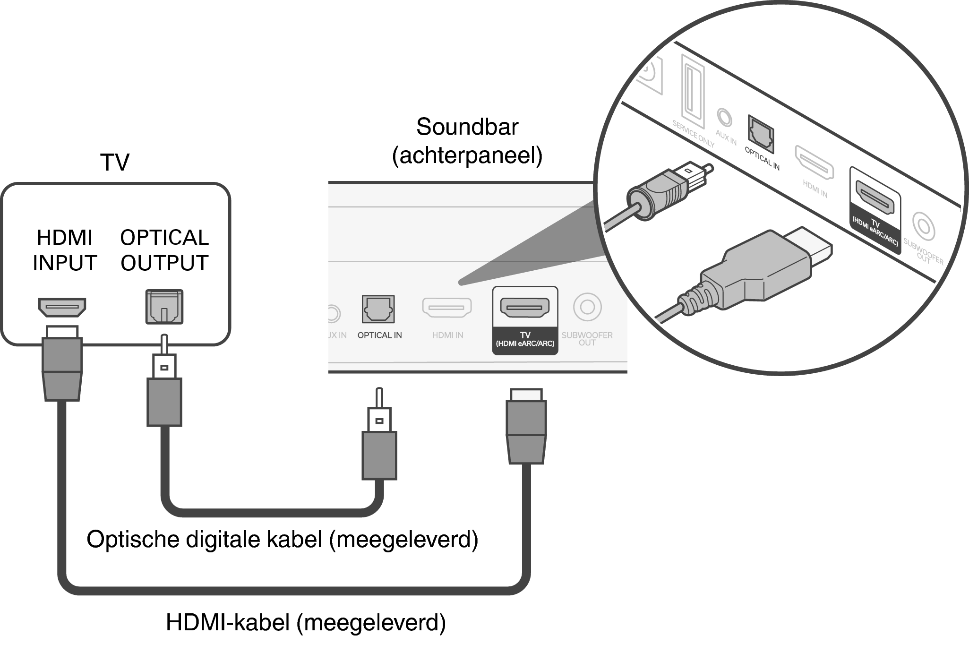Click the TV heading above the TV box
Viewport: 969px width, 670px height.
(115, 163)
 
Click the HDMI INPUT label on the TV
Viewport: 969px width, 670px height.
(65, 250)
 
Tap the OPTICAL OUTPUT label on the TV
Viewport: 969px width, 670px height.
(164, 250)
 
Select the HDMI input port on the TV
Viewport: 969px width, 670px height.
(62, 308)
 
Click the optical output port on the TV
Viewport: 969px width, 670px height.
(164, 307)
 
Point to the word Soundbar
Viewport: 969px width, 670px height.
(467, 127)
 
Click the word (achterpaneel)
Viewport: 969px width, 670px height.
(467, 155)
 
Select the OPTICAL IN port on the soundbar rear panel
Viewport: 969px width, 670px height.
(378, 309)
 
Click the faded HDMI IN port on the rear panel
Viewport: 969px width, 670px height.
(446, 308)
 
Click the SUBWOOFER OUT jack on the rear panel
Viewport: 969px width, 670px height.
(587, 307)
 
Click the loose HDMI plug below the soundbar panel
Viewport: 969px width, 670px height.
(526, 428)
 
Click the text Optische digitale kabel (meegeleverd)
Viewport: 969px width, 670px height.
(282, 539)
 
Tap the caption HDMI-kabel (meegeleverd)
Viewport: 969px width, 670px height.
(306, 622)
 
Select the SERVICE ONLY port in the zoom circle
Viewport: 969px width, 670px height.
(693, 92)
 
